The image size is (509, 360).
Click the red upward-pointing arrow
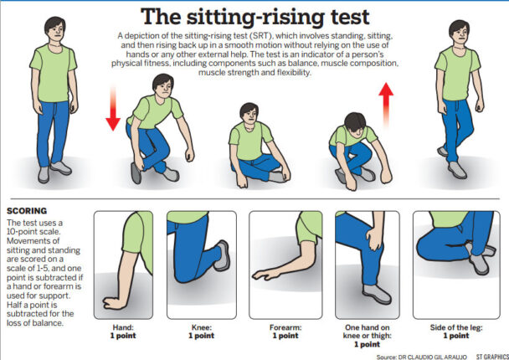(x=386, y=101)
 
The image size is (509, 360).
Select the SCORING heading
(x=26, y=211)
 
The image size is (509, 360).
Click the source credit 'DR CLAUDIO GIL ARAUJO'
(x=426, y=355)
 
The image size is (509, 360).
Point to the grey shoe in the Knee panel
(x=222, y=255)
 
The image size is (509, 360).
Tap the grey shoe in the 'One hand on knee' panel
(x=377, y=293)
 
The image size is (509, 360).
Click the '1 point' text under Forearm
(x=285, y=336)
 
